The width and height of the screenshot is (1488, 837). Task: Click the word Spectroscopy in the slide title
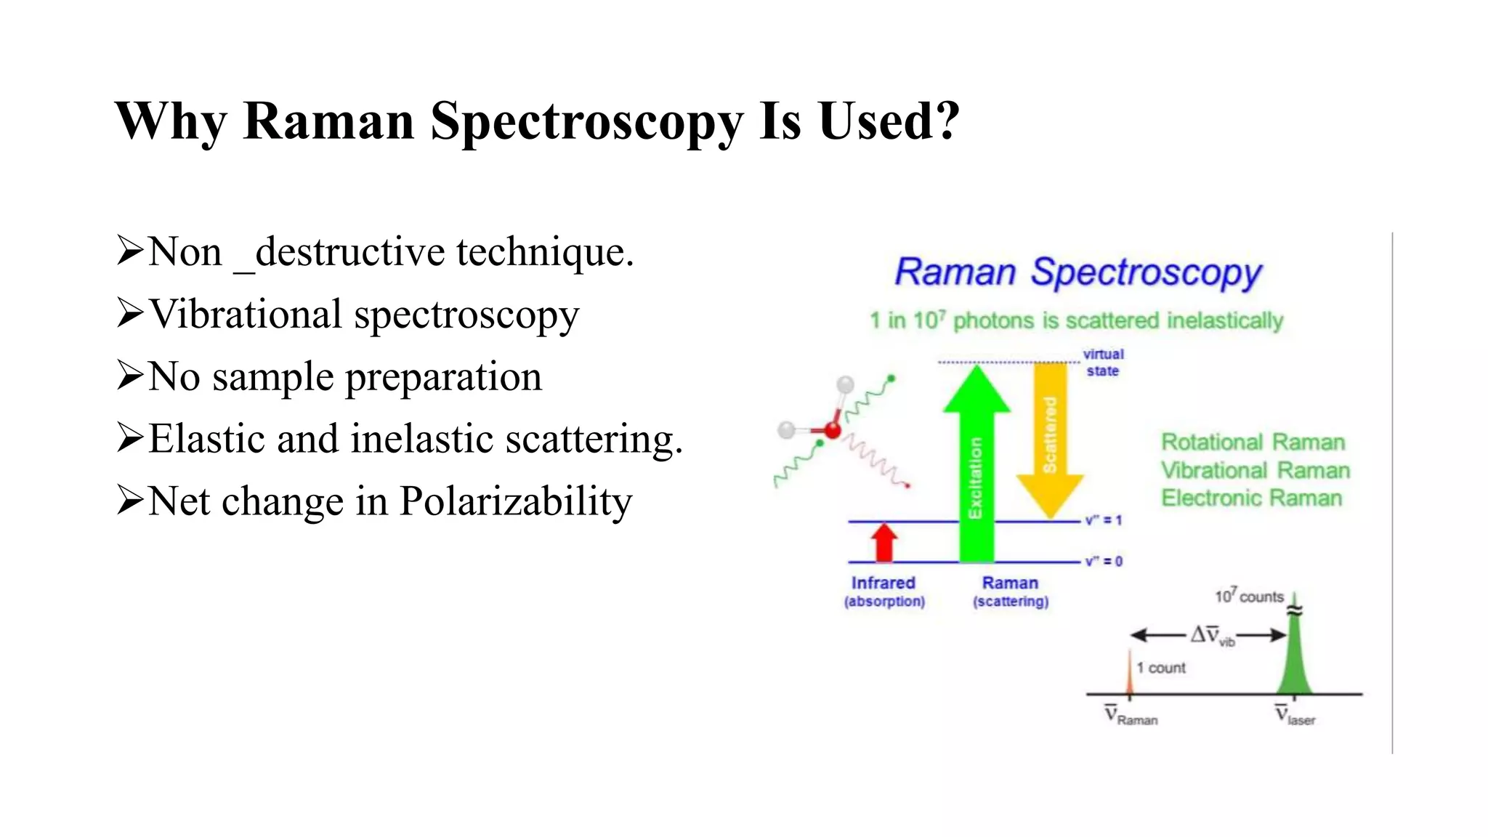586,121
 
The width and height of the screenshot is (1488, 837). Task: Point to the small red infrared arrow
884,542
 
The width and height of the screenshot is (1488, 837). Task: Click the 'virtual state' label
1103,363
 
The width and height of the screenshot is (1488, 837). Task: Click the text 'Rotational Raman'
1253,442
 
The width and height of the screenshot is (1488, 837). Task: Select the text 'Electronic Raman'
1251,498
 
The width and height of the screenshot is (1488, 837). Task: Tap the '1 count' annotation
1161,668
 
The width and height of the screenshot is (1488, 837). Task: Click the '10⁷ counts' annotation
1249,597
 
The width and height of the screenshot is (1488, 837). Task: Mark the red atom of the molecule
833,431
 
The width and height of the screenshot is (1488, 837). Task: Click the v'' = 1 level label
1104,520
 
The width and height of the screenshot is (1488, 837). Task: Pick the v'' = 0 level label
1104,562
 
